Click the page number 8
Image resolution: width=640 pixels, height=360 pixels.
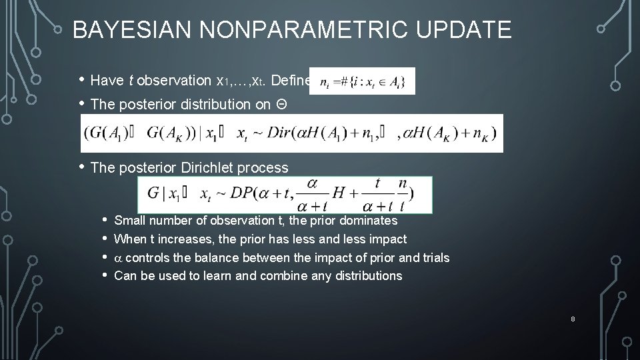click(x=573, y=319)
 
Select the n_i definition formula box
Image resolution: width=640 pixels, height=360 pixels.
click(x=363, y=81)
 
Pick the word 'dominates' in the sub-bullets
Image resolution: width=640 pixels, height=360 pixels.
click(x=369, y=221)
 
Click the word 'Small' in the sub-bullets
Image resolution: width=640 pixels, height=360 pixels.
click(x=131, y=221)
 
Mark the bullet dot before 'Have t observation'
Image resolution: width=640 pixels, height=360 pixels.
click(x=81, y=81)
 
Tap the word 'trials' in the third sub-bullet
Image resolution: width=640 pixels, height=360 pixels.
click(x=434, y=257)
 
